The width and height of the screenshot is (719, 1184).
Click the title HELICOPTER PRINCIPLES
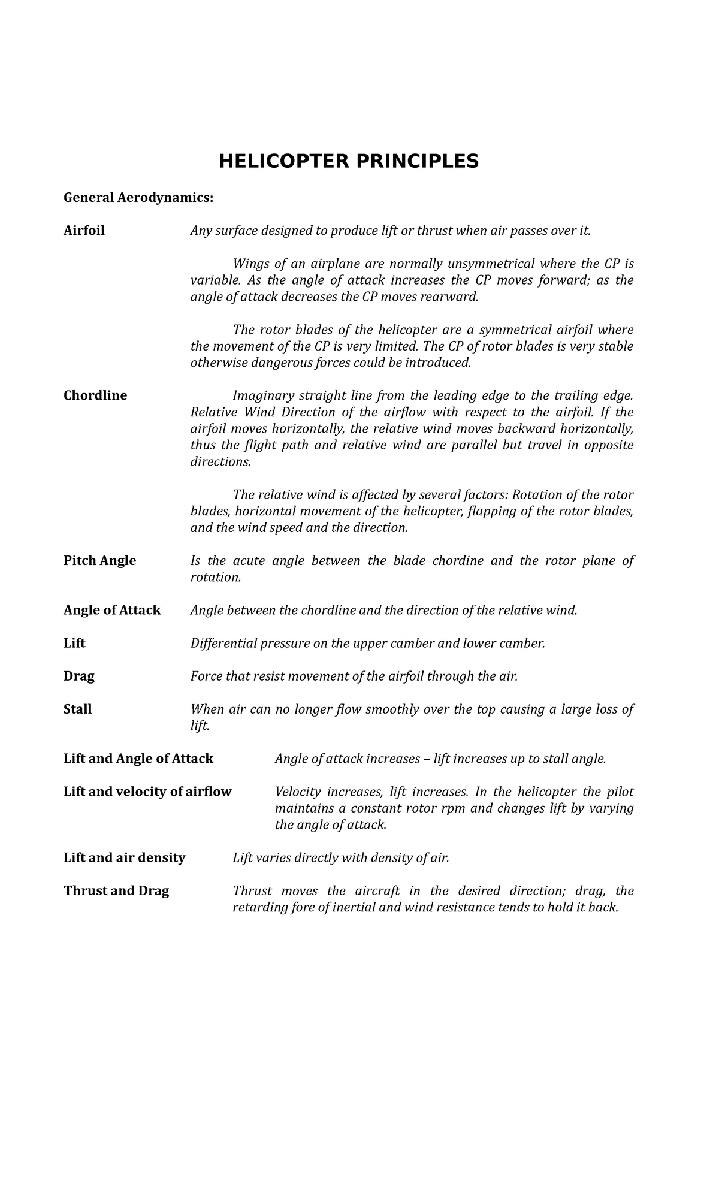348,161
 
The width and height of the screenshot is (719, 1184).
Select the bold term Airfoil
84,231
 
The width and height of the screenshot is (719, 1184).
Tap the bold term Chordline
95,395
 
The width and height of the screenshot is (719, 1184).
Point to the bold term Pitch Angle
99,560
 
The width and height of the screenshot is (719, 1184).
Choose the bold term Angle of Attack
112,610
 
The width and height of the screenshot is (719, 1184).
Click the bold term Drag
79,676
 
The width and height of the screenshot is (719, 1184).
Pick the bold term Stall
77,709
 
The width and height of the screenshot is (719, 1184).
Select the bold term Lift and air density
124,857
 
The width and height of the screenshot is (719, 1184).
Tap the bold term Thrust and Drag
116,890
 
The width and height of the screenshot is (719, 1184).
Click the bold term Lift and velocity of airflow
147,792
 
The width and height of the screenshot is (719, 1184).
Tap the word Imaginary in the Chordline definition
259,395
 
